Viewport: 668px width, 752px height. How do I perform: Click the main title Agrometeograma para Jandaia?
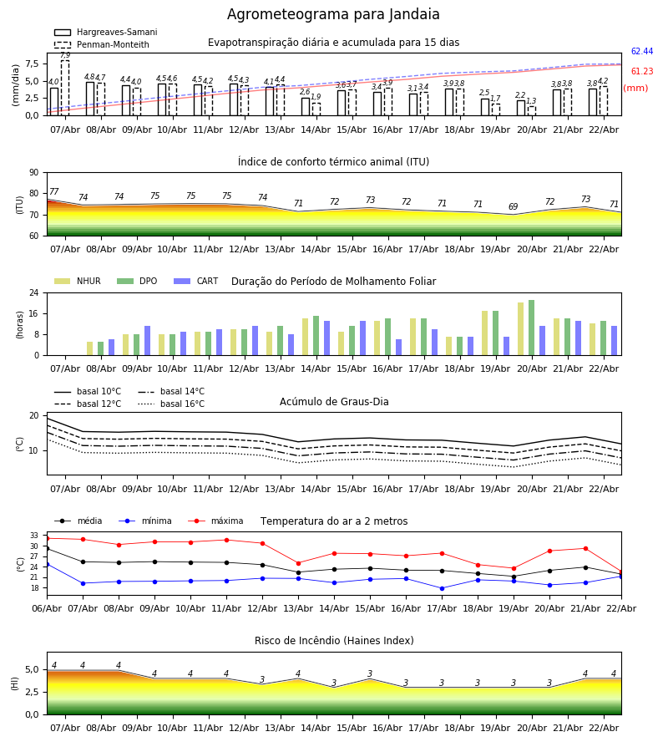pyautogui.click(x=333, y=15)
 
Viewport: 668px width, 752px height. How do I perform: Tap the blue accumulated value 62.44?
pyautogui.click(x=641, y=52)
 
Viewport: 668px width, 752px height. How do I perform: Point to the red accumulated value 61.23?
pyautogui.click(x=641, y=72)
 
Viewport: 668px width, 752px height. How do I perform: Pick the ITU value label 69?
pyautogui.click(x=514, y=207)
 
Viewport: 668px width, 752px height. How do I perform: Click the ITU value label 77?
pyautogui.click(x=54, y=192)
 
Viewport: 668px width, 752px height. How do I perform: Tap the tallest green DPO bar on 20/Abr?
pyautogui.click(x=532, y=327)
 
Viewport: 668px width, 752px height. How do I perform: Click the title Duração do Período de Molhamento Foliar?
pyautogui.click(x=333, y=282)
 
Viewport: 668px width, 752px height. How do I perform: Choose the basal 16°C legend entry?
pyautogui.click(x=182, y=404)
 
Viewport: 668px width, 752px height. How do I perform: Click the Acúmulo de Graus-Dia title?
pyautogui.click(x=334, y=402)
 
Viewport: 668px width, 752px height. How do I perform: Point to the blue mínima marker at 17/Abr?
pyautogui.click(x=442, y=588)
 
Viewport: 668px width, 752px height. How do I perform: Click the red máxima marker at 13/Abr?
pyautogui.click(x=298, y=563)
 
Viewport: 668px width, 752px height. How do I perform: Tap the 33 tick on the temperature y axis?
pyautogui.click(x=34, y=536)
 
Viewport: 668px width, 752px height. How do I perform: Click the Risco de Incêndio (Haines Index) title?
pyautogui.click(x=334, y=641)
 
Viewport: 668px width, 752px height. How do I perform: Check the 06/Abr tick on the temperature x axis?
pyautogui.click(x=47, y=607)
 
